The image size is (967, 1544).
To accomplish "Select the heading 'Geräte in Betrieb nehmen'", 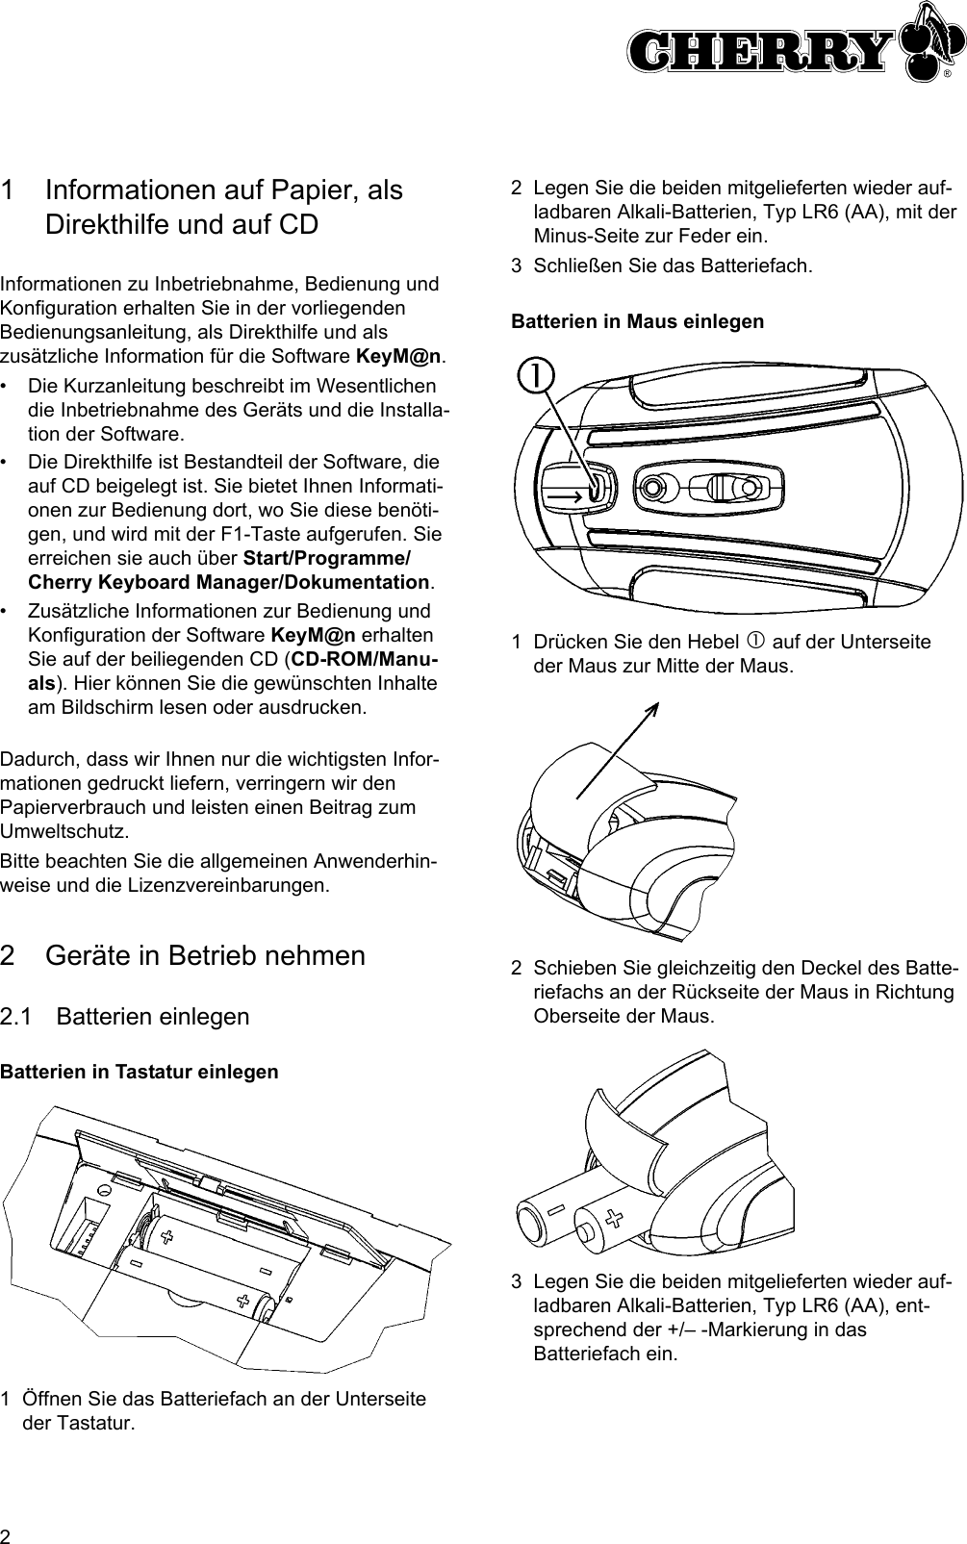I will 206,955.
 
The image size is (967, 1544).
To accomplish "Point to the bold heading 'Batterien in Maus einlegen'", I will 637,321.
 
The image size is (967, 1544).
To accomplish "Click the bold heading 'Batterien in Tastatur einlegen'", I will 140,1072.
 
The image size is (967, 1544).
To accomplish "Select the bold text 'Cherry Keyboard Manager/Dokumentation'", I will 230,582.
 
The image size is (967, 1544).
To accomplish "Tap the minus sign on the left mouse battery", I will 556,1205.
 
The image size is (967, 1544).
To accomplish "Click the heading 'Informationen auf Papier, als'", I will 224,190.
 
